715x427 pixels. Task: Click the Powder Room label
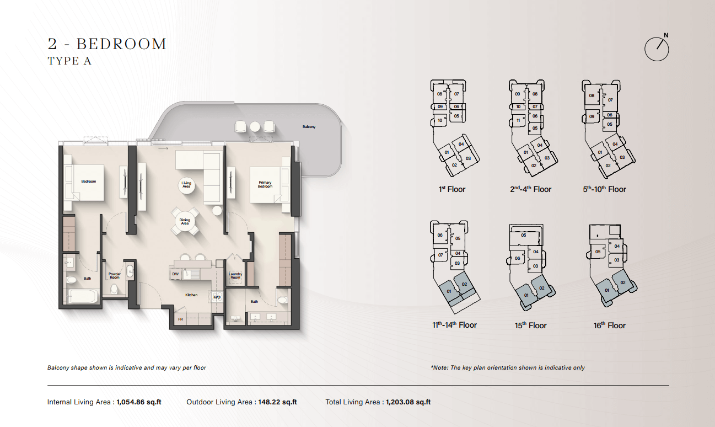coord(115,276)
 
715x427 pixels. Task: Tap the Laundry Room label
coord(235,276)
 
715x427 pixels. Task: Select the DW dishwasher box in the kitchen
coord(175,274)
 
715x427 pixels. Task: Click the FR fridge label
coord(181,319)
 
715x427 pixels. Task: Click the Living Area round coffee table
coord(186,185)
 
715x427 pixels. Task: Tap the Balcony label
coord(309,127)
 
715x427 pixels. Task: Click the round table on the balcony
coord(255,127)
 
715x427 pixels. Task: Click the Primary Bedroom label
coord(265,185)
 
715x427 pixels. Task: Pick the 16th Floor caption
coord(609,325)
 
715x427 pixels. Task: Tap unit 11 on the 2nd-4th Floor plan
coord(518,120)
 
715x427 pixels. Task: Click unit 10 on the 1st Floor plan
coord(440,120)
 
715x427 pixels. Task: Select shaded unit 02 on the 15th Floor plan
coord(542,288)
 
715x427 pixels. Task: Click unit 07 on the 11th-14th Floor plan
coord(440,255)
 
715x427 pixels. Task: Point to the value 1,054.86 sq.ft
coord(139,402)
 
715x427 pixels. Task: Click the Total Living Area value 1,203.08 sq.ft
coord(408,402)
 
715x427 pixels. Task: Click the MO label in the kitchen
coord(217,297)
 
